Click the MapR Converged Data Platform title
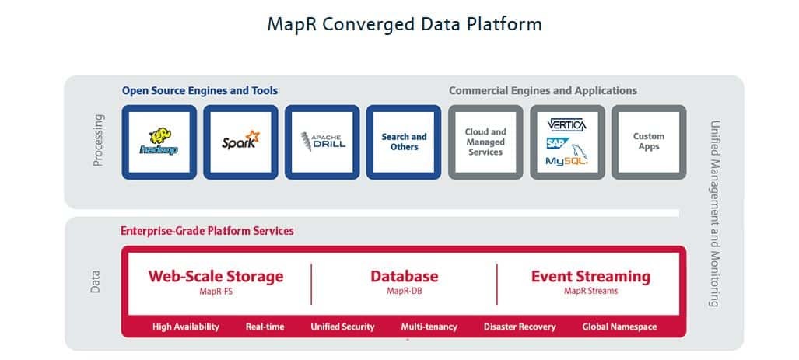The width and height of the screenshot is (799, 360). click(x=404, y=24)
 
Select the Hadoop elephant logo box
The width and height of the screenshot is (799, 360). click(x=159, y=142)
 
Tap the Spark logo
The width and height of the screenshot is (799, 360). click(x=240, y=142)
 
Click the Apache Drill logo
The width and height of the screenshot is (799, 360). click(x=322, y=142)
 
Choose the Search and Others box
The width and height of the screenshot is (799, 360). click(x=404, y=142)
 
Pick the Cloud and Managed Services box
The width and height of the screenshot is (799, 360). click(x=485, y=142)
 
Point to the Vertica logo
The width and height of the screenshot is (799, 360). click(x=566, y=124)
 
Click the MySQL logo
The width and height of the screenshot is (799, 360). click(x=566, y=160)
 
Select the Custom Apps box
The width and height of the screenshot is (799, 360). click(x=648, y=142)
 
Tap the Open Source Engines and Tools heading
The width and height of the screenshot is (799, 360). click(x=199, y=91)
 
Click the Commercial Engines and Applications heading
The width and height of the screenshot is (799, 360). click(x=542, y=91)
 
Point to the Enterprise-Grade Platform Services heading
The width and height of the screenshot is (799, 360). click(x=207, y=231)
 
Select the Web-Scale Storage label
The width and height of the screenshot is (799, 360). click(x=216, y=276)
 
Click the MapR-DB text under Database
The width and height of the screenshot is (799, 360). click(x=404, y=292)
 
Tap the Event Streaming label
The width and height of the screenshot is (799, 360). click(x=590, y=276)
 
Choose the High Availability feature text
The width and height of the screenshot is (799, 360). click(x=186, y=327)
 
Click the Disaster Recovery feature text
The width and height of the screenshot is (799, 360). click(x=519, y=327)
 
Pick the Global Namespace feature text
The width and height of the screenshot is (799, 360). click(x=619, y=327)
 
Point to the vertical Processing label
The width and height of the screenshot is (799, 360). click(x=98, y=141)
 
